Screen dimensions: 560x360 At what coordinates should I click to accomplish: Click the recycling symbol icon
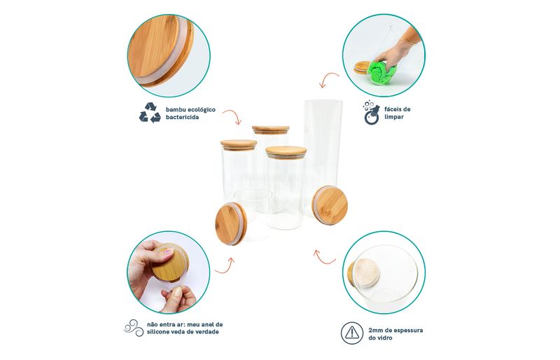tap(150, 113)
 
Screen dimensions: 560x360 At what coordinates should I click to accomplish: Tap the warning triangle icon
tap(352, 333)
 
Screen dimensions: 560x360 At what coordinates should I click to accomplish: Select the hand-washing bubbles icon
tap(371, 112)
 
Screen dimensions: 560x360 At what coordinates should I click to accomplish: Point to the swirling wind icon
tap(134, 328)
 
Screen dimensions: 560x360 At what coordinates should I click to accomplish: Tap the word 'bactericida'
tap(182, 117)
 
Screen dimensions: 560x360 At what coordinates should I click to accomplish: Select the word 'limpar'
tap(394, 117)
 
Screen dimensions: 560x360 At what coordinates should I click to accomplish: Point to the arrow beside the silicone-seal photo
tap(225, 266)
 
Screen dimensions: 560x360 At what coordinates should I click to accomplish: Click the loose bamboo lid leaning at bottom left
tap(231, 223)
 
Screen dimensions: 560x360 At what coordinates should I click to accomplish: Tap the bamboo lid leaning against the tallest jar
tap(330, 205)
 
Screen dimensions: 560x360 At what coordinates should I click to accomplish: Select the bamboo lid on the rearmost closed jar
tap(270, 130)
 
